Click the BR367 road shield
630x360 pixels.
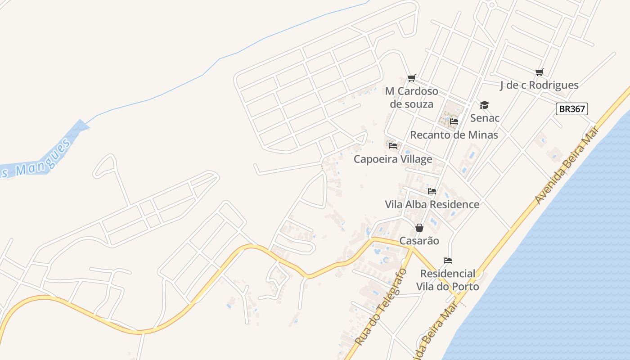(x=572, y=109)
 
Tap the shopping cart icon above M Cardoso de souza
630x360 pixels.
(x=411, y=78)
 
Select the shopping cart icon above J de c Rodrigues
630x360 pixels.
(x=540, y=72)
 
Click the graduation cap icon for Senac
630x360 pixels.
(x=484, y=105)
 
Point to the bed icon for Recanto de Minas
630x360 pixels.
(x=454, y=121)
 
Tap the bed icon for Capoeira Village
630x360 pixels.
(x=393, y=146)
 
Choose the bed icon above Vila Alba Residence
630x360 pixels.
(x=432, y=191)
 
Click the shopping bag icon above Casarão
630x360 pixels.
(x=419, y=228)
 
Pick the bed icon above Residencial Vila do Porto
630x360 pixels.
(x=447, y=261)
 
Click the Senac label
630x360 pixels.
(x=485, y=118)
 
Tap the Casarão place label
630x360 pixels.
(x=419, y=241)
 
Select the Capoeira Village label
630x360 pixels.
(x=393, y=159)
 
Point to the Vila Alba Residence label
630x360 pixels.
(x=432, y=204)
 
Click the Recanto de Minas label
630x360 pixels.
(x=454, y=135)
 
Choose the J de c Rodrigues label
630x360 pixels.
(x=539, y=85)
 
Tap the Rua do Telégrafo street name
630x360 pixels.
(x=381, y=307)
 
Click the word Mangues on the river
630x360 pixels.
(x=42, y=157)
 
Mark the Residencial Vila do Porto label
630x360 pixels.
(x=447, y=280)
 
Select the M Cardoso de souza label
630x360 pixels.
(x=411, y=98)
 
